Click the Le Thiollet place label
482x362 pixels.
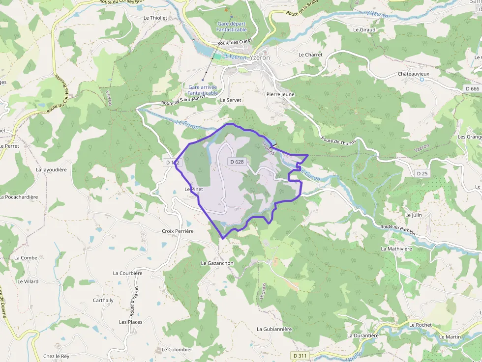pos(155,18)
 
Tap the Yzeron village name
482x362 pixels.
pos(260,57)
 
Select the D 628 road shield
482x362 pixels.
pos(237,162)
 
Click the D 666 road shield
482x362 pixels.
pos(471,88)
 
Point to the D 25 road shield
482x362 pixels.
pos(422,173)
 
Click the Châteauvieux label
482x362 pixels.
pos(413,74)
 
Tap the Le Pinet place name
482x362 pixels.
pos(193,189)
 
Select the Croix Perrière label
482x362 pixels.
pos(178,231)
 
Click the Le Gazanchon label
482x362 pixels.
pos(217,263)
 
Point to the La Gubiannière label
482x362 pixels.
pos(274,329)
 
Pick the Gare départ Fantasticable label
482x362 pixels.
pos(231,27)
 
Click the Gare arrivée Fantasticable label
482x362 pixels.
pos(203,90)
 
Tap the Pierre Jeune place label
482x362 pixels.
pos(280,94)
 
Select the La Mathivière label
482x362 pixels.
pos(396,249)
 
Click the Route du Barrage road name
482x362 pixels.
pos(397,229)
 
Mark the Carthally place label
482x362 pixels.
pos(103,301)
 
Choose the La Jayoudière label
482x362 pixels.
pos(51,169)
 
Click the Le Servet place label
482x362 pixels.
pos(231,100)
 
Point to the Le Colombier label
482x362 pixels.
pos(177,350)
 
